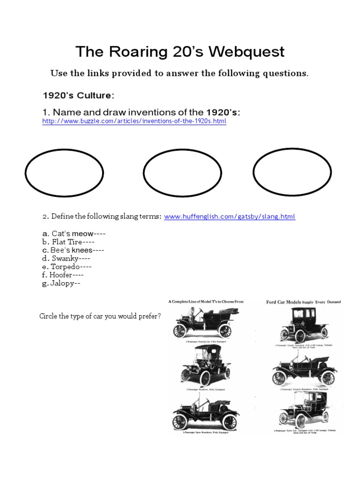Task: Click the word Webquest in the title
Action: click(247, 52)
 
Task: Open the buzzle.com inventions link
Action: click(134, 121)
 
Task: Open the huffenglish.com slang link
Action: click(230, 217)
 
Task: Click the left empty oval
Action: click(64, 172)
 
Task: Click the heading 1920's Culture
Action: click(78, 96)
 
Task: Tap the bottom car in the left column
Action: click(205, 412)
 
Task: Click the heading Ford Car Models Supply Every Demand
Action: click(303, 302)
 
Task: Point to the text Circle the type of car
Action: click(100, 316)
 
